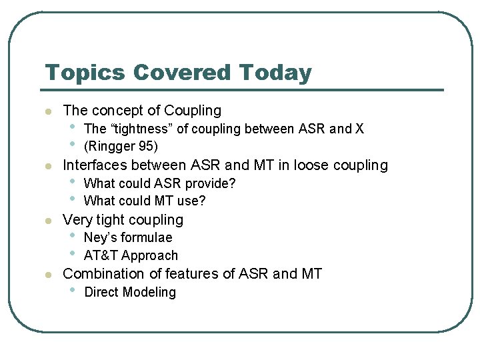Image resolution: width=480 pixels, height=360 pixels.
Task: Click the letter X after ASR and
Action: [x=359, y=129]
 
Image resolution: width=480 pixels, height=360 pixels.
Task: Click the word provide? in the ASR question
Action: [x=211, y=183]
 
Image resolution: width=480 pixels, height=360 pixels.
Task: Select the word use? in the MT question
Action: [x=191, y=201]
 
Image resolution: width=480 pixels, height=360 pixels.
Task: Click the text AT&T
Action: [x=101, y=256]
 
